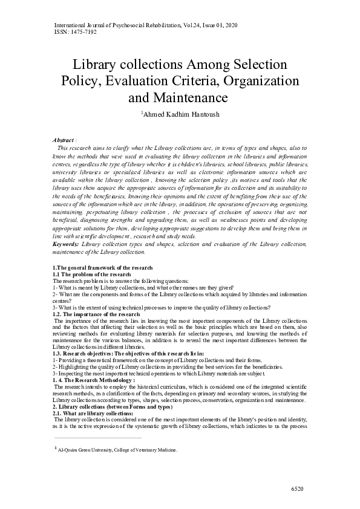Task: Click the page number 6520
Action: (298, 488)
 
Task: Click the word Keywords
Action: (65, 243)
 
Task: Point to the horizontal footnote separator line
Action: (97, 438)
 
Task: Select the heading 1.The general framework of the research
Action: (103, 267)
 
